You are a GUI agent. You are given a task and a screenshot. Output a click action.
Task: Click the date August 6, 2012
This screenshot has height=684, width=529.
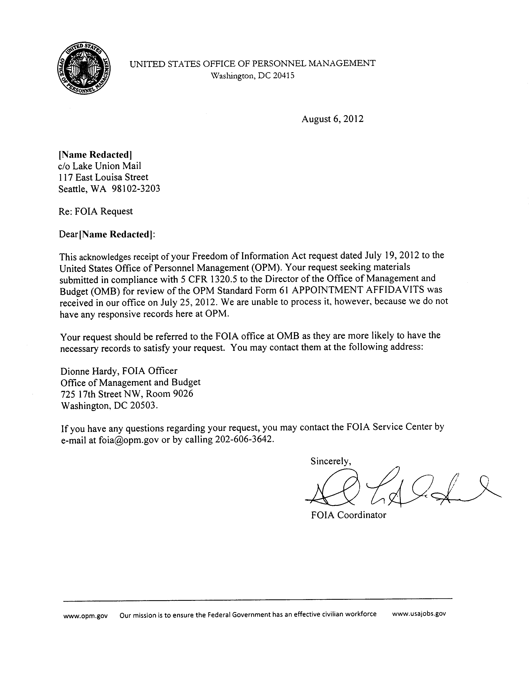tap(332, 119)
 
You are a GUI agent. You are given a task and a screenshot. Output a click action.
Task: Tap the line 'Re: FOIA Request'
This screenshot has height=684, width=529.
tap(96, 211)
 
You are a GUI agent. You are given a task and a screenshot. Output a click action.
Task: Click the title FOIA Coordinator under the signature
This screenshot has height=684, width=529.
tap(349, 515)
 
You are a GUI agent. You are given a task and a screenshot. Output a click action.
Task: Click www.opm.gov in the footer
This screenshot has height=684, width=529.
tap(85, 616)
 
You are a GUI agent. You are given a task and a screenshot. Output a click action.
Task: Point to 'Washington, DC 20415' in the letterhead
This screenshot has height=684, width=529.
tap(253, 76)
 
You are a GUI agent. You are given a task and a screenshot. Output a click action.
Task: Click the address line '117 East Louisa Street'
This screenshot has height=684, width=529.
tap(103, 177)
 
